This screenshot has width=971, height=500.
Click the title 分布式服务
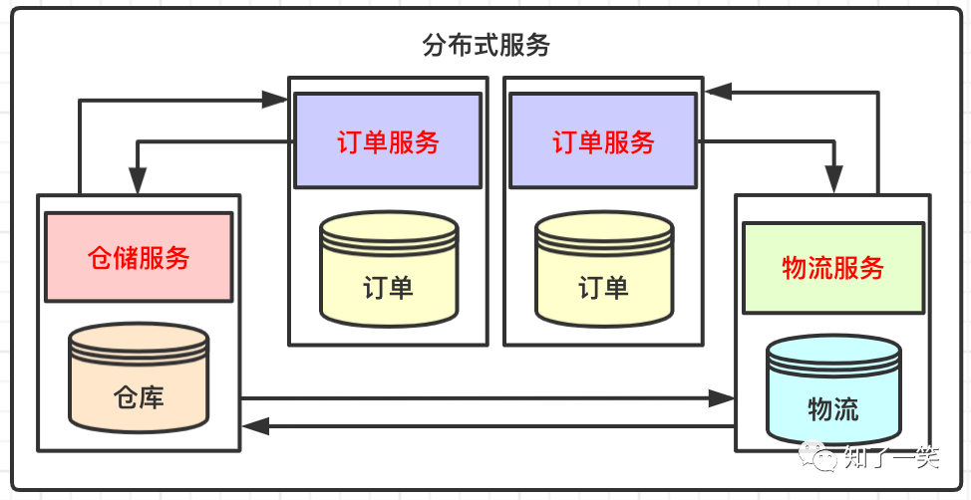(485, 46)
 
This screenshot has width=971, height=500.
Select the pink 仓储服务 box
(139, 258)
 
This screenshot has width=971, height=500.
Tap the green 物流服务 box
(832, 267)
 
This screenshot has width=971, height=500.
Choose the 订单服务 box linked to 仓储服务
(388, 141)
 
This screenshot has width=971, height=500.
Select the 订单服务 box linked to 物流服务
(603, 141)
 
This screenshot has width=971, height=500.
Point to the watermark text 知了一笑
(891, 458)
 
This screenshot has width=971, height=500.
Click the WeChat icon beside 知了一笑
(823, 458)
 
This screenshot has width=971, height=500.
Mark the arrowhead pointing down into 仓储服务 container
(138, 181)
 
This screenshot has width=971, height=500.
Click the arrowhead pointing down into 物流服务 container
(835, 181)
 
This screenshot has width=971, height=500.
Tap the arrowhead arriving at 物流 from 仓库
(722, 399)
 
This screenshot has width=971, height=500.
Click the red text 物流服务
(832, 267)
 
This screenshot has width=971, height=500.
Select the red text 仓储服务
(139, 258)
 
